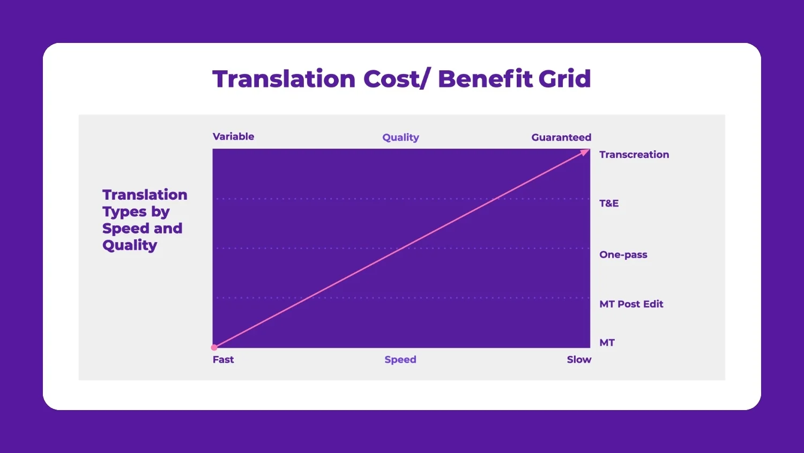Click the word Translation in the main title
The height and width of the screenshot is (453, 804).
(x=284, y=79)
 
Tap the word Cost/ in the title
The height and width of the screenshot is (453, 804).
(x=396, y=79)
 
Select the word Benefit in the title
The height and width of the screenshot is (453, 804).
(x=485, y=79)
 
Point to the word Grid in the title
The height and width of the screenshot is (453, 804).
(x=564, y=79)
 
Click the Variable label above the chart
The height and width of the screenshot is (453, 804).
(x=233, y=136)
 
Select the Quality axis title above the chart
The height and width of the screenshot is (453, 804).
(x=400, y=137)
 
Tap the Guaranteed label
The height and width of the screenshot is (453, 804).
(x=561, y=137)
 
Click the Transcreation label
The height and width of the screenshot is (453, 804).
(x=634, y=155)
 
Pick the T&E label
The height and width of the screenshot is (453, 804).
(x=609, y=203)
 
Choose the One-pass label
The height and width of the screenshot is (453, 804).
(x=623, y=254)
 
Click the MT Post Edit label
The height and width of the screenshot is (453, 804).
(x=631, y=304)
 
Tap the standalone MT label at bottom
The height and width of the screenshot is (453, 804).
(x=607, y=342)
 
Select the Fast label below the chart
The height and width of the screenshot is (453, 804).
(x=223, y=360)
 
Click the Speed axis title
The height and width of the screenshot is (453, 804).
(x=400, y=360)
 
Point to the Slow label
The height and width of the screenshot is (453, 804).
(x=579, y=360)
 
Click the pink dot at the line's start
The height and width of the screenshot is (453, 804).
(x=214, y=347)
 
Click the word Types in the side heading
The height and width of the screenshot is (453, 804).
(x=124, y=212)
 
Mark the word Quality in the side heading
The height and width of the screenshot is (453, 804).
(x=130, y=245)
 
